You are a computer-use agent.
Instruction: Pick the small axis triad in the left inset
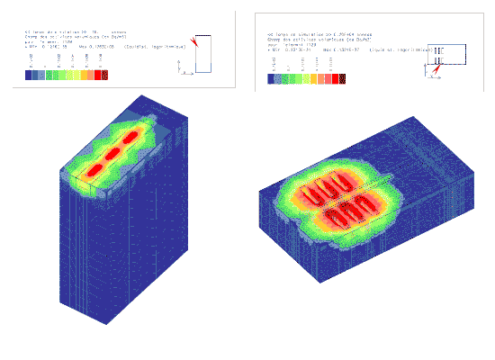(x=183, y=67)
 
